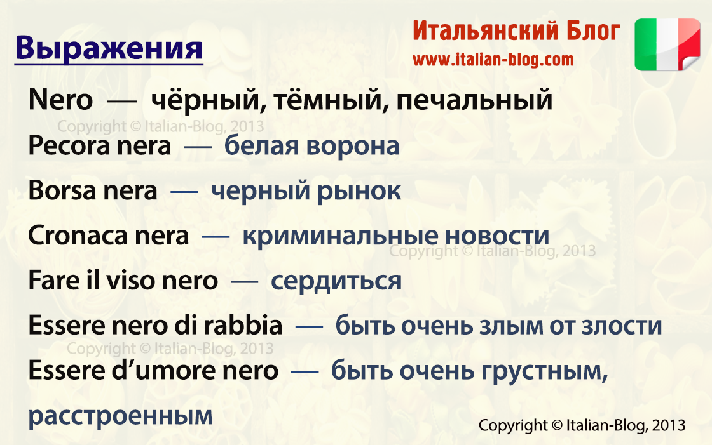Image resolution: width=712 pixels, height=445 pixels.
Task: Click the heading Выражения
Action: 108,49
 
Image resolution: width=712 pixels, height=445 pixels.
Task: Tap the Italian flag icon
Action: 667,44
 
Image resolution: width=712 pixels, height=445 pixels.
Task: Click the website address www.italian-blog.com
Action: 493,60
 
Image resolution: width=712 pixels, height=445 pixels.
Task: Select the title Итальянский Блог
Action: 516,31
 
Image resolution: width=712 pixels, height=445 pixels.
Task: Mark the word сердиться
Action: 336,281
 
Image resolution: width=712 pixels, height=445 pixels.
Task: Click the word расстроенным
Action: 120,416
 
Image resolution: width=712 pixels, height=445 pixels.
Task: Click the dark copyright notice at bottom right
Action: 582,425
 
